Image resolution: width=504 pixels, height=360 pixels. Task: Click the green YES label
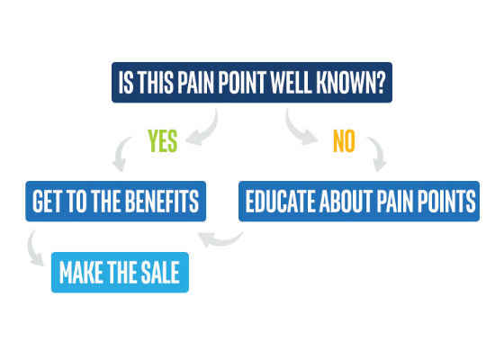(x=163, y=140)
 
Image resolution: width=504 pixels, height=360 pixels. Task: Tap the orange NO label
(x=344, y=140)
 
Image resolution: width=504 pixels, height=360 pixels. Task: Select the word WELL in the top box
(x=291, y=83)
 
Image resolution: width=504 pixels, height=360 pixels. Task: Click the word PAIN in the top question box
(x=196, y=83)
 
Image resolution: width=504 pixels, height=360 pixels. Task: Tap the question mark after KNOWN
(x=380, y=83)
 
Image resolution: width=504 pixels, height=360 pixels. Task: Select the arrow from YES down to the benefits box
(x=120, y=154)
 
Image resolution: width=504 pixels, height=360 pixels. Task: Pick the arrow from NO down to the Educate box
(x=379, y=153)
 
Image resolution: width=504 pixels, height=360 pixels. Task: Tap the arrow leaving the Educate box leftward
(x=221, y=240)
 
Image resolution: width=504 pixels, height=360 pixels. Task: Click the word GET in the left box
(x=46, y=202)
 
